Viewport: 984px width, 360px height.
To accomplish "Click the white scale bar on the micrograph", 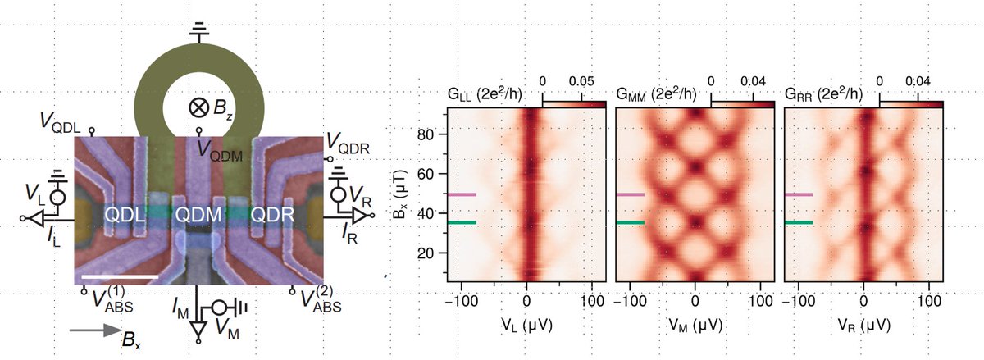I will point(120,276).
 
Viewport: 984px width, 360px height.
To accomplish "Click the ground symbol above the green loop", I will point(198,31).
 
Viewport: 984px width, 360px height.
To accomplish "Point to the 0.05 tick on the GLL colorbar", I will point(583,82).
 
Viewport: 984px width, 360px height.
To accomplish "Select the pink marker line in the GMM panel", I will point(630,195).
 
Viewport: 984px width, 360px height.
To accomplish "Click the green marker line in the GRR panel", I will point(799,222).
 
